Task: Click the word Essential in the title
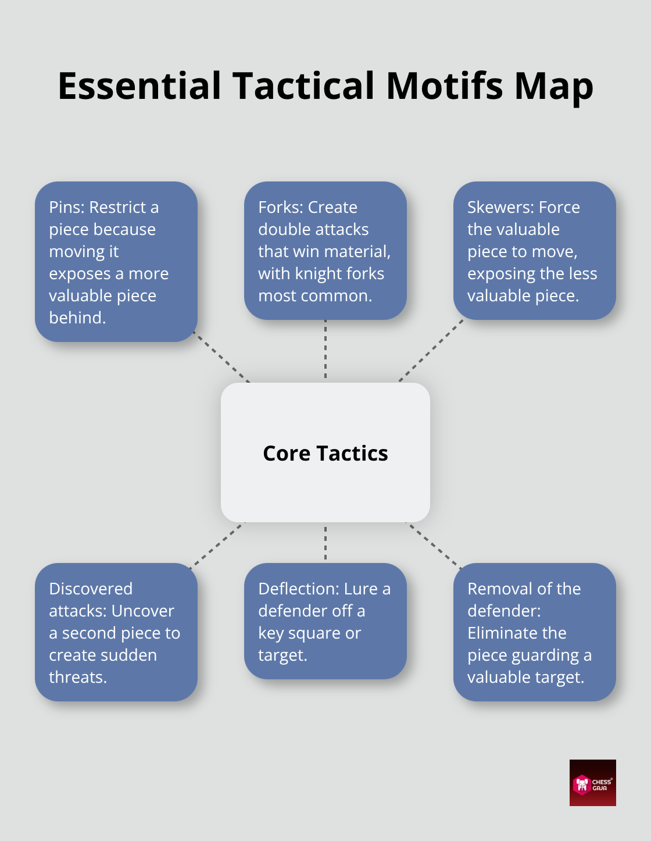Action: coord(140,85)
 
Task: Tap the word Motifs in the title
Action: coord(445,85)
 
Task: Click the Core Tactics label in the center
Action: coord(325,453)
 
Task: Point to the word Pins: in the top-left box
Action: coord(67,207)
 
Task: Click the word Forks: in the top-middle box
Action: coord(281,207)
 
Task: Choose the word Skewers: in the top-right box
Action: coord(500,207)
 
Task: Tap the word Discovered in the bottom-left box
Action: coord(91,589)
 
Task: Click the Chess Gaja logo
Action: coord(592,783)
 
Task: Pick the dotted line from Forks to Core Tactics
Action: coord(325,350)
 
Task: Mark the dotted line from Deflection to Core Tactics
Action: coord(325,543)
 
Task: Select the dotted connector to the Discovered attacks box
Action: coord(216,544)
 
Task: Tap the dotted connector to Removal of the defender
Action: coord(433,545)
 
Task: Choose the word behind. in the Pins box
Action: coord(77,318)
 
